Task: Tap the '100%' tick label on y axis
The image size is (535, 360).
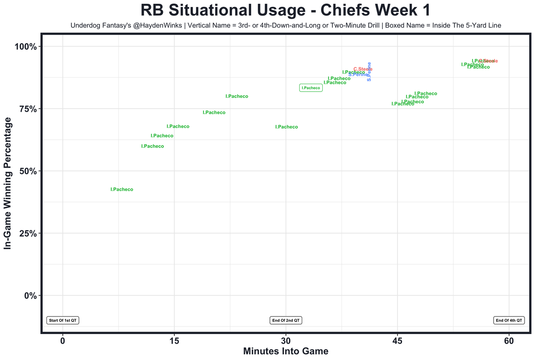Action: [25, 46]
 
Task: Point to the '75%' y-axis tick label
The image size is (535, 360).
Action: [28, 109]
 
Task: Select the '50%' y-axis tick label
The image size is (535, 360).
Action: [28, 171]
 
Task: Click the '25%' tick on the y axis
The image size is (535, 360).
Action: [28, 233]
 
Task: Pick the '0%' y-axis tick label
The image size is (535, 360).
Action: [30, 296]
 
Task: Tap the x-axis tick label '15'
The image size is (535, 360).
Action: [174, 341]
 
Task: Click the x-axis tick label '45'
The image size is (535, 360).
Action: [397, 341]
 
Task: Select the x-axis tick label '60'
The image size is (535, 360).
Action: [509, 341]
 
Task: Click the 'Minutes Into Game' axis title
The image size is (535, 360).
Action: [285, 351]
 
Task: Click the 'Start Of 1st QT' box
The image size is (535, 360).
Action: [63, 320]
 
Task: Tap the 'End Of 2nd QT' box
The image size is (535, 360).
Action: [286, 320]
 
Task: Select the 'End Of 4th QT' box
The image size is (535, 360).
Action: [509, 320]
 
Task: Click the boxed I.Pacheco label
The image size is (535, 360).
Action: [311, 88]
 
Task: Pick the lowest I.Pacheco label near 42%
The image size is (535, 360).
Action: [122, 189]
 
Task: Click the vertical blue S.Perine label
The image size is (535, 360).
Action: [369, 71]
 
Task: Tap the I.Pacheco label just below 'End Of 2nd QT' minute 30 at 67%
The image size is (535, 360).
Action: [286, 127]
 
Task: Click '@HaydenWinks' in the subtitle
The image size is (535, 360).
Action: [157, 26]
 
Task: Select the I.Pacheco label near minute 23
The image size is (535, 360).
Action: [237, 97]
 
